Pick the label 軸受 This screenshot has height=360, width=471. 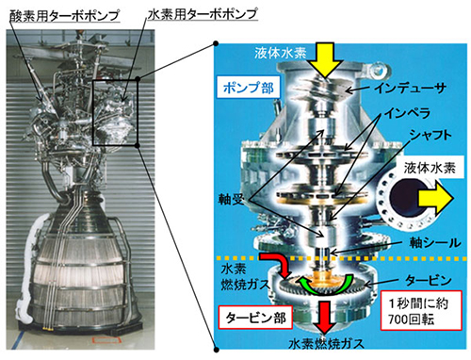point(234,200)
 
